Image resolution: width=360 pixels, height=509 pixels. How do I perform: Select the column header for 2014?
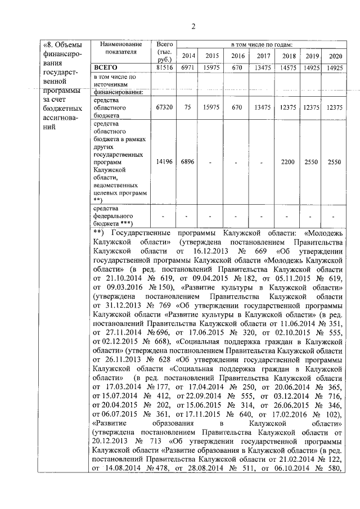pos(188,56)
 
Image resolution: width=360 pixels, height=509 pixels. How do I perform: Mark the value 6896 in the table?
pos(187,161)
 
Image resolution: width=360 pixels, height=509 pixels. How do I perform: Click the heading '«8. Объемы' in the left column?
pos(63,44)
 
